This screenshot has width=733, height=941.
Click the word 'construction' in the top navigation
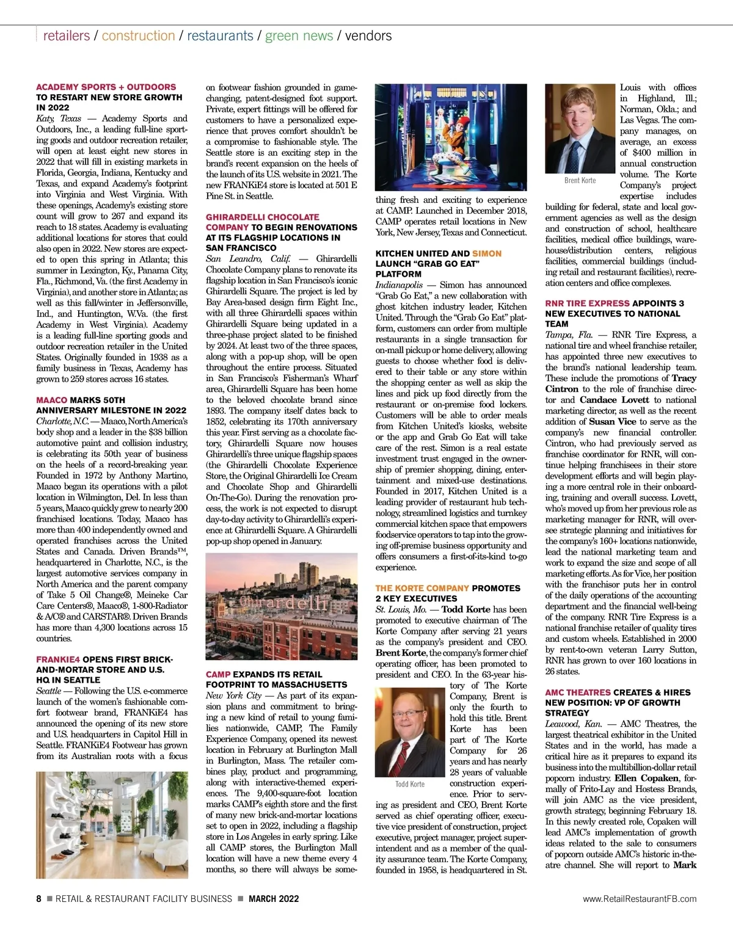click(x=138, y=35)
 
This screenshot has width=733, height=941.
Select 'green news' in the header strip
click(x=299, y=35)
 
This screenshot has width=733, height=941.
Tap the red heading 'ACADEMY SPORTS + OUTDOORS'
click(x=106, y=87)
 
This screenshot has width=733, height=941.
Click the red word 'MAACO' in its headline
click(x=51, y=400)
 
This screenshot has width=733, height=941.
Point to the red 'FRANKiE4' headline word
click(x=58, y=659)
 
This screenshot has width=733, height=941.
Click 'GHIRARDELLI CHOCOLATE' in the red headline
click(x=262, y=217)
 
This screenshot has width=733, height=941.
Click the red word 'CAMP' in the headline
click(x=218, y=674)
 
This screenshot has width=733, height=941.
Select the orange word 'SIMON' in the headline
click(x=487, y=253)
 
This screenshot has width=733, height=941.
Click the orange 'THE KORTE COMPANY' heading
click(x=422, y=588)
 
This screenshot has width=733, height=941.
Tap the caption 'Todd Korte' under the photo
click(x=410, y=783)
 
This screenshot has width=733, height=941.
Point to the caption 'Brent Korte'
click(x=580, y=180)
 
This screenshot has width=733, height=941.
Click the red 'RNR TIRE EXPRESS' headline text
click(x=587, y=303)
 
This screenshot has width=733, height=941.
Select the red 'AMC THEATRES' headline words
click(x=578, y=692)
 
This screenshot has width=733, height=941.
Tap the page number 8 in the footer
click(x=39, y=899)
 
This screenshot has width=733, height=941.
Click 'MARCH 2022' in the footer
click(x=274, y=899)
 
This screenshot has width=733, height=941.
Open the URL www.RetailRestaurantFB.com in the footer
click(x=640, y=899)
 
